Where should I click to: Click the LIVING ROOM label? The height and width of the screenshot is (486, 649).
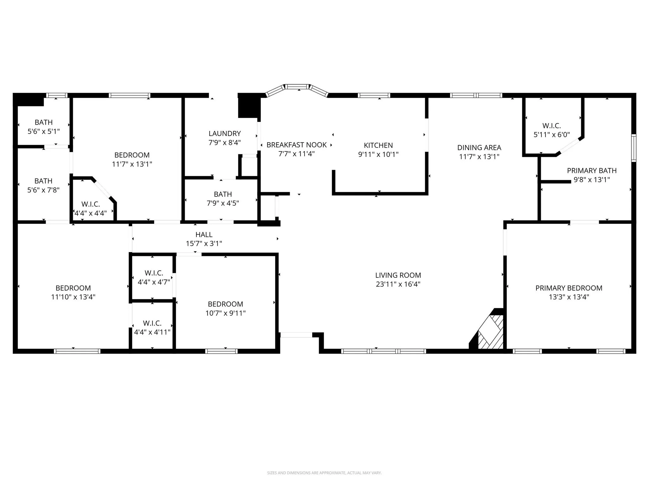(398, 275)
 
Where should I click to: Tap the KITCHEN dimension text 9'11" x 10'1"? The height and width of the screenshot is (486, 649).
(378, 154)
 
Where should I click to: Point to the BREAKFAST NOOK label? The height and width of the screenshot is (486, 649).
(297, 145)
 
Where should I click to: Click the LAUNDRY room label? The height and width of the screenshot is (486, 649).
(225, 134)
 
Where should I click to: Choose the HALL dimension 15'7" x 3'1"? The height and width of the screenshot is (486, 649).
(204, 244)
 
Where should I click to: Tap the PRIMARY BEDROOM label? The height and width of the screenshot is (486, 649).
(569, 288)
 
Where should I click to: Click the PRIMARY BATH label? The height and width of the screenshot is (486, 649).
(592, 171)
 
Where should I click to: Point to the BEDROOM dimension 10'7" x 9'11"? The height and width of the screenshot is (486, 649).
(225, 313)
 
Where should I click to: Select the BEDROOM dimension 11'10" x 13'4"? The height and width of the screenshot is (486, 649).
(73, 297)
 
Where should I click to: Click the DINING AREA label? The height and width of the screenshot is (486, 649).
(479, 147)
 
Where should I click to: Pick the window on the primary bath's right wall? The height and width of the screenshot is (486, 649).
(633, 148)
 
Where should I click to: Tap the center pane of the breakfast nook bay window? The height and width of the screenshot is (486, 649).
(297, 86)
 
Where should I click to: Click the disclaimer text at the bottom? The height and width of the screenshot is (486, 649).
(324, 473)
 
